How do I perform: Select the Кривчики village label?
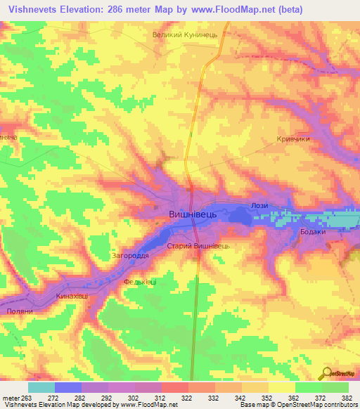coord(293,139)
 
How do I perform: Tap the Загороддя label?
coord(130,257)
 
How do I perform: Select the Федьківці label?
coord(140,282)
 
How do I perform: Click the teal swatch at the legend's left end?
coord(41,387)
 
